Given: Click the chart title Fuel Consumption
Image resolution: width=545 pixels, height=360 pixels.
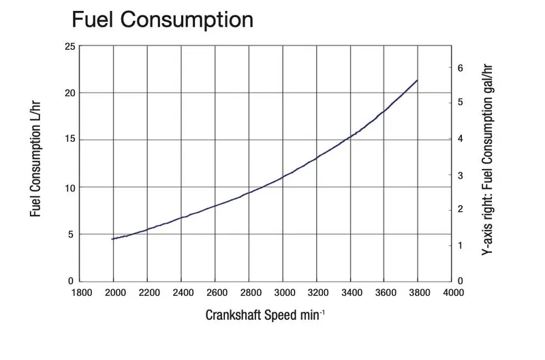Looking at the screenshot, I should (x=162, y=19).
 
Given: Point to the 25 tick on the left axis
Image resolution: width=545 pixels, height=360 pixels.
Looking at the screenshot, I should (x=69, y=46).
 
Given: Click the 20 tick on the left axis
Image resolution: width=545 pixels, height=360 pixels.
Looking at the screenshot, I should (x=69, y=93).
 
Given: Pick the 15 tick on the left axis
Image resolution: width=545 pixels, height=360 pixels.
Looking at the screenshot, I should (x=69, y=140).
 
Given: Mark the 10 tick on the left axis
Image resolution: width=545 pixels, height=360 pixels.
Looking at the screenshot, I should (x=69, y=187).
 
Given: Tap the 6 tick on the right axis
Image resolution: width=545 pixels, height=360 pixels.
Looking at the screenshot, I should (x=461, y=67).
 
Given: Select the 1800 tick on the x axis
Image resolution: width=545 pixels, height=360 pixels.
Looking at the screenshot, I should (x=80, y=293).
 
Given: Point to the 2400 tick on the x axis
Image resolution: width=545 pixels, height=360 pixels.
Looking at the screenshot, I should (x=181, y=293).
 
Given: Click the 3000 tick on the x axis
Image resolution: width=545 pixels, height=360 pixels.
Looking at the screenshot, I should (x=283, y=293).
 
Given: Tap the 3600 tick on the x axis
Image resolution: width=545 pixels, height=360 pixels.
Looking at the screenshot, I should (x=384, y=293).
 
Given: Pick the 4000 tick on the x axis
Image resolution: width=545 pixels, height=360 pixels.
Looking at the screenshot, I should (x=451, y=293).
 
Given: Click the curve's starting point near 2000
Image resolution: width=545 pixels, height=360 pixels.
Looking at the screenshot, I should (x=112, y=239).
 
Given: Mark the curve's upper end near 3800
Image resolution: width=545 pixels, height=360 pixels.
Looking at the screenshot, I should (x=417, y=80).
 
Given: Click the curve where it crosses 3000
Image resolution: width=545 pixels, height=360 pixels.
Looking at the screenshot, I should (x=283, y=177).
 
